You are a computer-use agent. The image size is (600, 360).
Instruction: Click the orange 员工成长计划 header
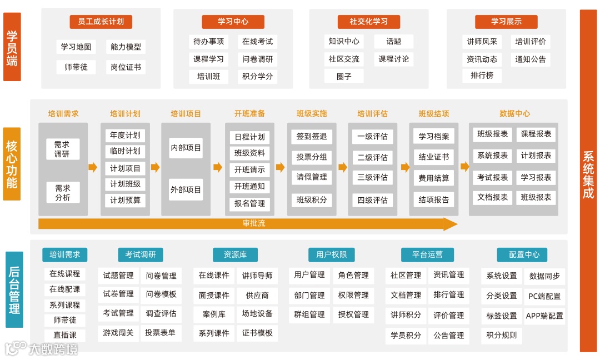pos(101,22)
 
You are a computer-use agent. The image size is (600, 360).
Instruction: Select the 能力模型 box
pos(126,47)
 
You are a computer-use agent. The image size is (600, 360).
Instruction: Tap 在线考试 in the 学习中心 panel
pos(257,41)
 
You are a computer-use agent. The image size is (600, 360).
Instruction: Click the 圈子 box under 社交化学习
pos(344,76)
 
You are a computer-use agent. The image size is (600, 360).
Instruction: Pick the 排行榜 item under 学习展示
pos(482,75)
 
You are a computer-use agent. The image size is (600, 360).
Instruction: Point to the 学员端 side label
pos(12,47)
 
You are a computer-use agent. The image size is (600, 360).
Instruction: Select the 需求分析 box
pos(62,192)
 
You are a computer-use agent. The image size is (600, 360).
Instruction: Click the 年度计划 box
pos(125,135)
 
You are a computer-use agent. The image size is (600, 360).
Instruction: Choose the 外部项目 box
pos(186,189)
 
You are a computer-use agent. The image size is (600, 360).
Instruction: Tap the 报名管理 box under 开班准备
pos(249,203)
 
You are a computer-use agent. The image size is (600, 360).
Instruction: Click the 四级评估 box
pos(372,200)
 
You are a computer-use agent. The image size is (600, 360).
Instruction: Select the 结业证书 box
pos(433,157)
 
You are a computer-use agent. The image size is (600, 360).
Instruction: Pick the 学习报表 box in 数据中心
pos(536,177)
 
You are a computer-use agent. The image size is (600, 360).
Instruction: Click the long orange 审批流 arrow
pos(247,224)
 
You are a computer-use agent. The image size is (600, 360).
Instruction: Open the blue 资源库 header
pos(235,254)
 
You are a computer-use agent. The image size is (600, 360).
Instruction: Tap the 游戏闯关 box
pos(118,333)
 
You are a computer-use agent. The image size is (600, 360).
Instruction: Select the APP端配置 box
pos(544,316)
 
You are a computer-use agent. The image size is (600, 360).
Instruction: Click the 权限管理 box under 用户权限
pos(353,295)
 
